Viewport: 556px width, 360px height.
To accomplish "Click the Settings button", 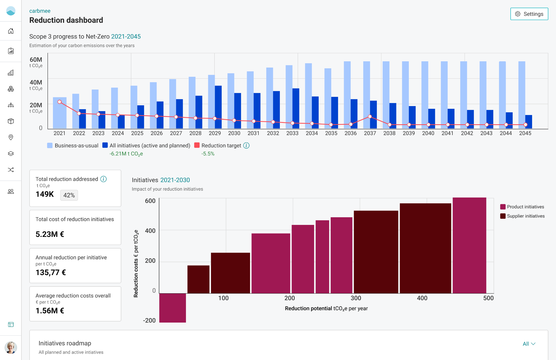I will pos(529,14).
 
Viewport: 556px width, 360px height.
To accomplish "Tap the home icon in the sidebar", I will pos(11,31).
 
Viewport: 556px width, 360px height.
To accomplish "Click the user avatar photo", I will pos(11,348).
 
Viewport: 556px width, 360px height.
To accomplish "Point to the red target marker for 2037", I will pos(370,116).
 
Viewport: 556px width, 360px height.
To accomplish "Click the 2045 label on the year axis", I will pos(525,133).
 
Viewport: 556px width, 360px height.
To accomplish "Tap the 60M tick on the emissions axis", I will pos(36,60).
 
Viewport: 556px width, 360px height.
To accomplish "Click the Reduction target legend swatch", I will pos(197,145).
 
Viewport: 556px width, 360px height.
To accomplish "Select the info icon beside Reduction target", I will pos(246,145).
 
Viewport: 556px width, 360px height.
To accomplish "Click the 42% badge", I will pos(69,195).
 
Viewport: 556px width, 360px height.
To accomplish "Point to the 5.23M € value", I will pos(50,234).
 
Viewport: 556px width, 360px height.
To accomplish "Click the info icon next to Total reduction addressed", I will pos(103,179).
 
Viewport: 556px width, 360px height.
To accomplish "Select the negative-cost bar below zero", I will pos(172,308).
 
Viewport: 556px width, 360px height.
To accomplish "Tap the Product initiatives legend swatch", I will pos(503,207).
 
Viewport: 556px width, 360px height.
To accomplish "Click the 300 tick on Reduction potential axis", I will pos(356,298).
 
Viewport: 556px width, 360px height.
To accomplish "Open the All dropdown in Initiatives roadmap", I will pos(529,344).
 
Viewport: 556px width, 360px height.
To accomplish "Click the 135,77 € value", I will pos(51,272).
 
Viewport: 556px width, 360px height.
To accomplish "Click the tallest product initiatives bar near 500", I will pos(469,245).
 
